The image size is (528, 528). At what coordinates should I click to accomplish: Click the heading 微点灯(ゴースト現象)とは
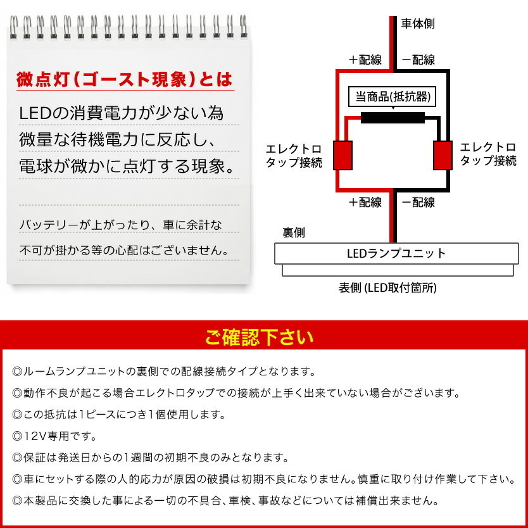tap(124, 81)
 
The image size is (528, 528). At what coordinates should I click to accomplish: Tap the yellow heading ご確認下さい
tap(259, 337)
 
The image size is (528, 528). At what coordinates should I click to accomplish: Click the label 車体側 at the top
tap(418, 24)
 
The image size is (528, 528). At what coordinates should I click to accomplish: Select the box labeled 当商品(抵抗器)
tap(393, 97)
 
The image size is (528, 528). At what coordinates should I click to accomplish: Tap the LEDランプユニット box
tap(396, 253)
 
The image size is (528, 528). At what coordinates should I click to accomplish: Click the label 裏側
tap(294, 232)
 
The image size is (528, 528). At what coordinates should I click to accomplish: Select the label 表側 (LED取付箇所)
tap(387, 288)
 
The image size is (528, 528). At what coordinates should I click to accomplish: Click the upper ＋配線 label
tap(365, 60)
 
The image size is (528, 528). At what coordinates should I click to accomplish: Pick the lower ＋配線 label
tap(365, 203)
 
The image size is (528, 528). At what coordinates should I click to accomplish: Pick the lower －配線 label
tap(418, 203)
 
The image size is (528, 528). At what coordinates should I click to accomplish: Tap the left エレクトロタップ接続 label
tap(294, 156)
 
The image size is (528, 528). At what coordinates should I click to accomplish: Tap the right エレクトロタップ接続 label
tap(488, 154)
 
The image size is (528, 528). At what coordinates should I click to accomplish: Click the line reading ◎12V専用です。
tap(54, 436)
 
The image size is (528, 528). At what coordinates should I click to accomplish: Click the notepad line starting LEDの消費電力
tap(122, 114)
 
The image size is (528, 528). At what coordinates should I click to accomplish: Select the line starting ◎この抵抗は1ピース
tap(118, 415)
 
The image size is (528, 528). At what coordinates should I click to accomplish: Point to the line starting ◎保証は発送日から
tap(150, 457)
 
